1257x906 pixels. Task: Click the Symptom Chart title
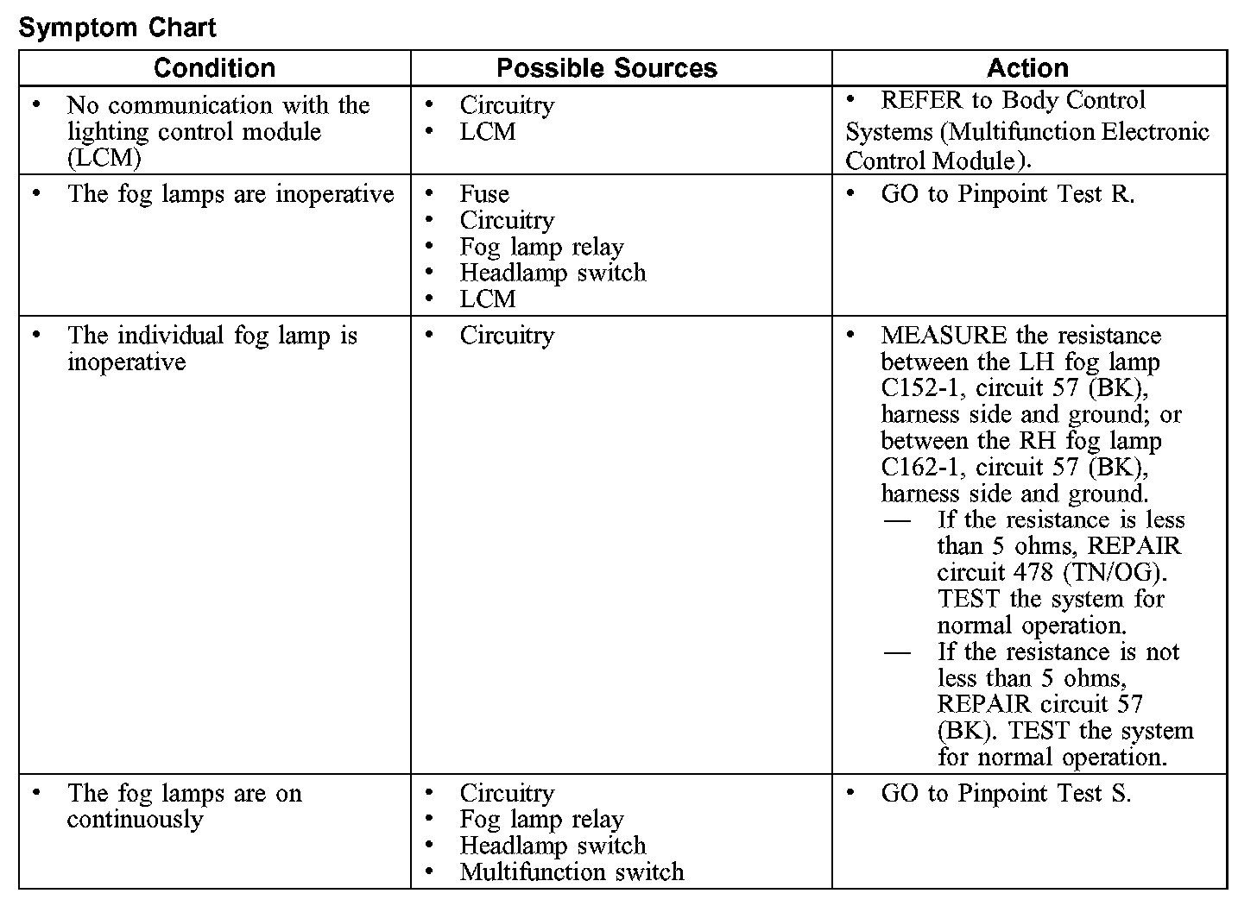click(117, 28)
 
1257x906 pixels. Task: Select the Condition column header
click(214, 68)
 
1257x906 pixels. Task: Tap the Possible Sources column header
click(607, 68)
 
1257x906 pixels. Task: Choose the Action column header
click(1027, 68)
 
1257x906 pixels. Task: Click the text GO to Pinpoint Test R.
click(1007, 194)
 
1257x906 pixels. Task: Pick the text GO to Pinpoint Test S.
click(1005, 793)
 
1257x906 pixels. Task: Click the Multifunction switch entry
click(572, 871)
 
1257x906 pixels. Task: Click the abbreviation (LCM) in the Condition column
click(104, 159)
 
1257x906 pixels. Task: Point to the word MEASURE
click(943, 336)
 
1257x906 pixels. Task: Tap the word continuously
click(135, 819)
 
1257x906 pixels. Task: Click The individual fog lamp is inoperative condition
click(212, 349)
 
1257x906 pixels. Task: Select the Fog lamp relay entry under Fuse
click(541, 247)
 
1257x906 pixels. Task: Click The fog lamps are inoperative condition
click(231, 194)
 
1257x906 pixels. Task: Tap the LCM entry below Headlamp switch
click(487, 299)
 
